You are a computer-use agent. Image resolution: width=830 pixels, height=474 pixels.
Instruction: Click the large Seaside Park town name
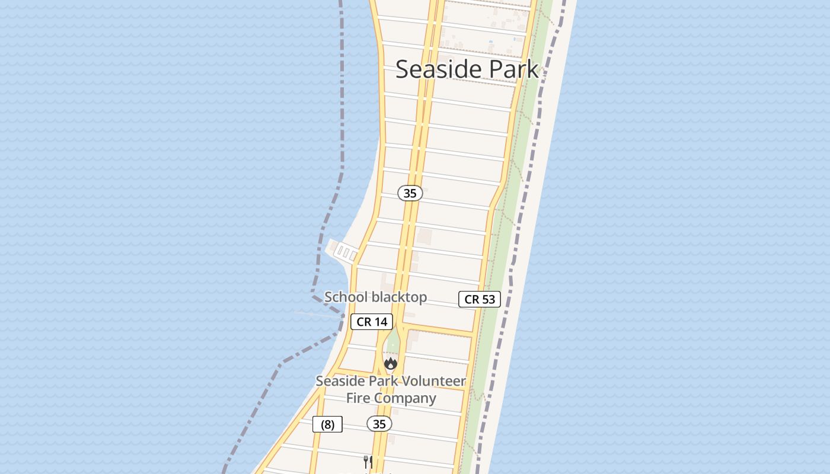[467, 69]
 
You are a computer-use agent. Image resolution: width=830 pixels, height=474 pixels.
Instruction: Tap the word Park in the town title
[507, 69]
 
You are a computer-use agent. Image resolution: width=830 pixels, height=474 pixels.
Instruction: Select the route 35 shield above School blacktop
[410, 193]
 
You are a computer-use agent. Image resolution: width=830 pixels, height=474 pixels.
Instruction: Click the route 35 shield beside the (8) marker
[379, 424]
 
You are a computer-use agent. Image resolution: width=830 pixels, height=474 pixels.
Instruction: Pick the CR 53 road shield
[480, 299]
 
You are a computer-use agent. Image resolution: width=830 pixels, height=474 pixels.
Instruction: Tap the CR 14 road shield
[372, 322]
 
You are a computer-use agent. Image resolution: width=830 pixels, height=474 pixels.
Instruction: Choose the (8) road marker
[327, 424]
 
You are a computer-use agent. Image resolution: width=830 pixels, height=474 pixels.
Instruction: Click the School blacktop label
[375, 297]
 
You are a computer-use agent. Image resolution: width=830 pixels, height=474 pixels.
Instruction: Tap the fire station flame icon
[390, 363]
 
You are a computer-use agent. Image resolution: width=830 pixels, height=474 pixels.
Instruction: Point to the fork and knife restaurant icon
[368, 462]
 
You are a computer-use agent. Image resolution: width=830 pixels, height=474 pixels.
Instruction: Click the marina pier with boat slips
[343, 252]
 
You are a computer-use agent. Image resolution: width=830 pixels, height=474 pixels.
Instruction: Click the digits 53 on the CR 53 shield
[488, 299]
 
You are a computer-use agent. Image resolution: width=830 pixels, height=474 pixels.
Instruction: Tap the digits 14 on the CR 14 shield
[380, 322]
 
